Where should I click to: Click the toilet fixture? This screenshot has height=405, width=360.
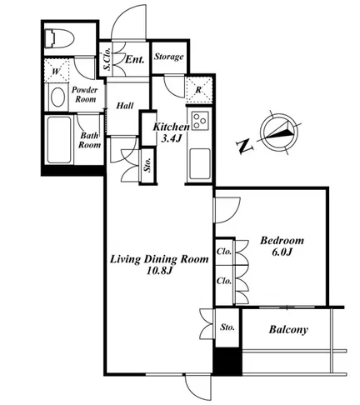[61, 38]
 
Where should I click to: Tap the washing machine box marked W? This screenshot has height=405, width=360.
[57, 70]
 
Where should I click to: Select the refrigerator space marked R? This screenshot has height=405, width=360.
[199, 89]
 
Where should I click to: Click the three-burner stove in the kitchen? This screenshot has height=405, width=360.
[200, 120]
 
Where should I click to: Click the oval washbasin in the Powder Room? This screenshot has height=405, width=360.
[57, 97]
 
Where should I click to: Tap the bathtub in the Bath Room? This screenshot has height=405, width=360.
[59, 140]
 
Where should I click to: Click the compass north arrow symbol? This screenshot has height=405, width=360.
[279, 132]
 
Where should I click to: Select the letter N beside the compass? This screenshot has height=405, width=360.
[244, 146]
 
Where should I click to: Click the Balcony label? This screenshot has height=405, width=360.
[288, 330]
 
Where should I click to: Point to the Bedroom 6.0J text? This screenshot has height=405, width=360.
[282, 246]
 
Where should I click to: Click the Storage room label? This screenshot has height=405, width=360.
[169, 57]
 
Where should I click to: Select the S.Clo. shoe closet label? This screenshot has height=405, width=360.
[107, 59]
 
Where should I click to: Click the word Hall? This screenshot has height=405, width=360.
[125, 106]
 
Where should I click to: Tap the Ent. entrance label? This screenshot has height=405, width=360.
[135, 59]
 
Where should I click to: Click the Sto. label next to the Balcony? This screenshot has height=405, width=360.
[227, 327]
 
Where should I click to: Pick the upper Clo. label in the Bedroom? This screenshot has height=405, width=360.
[224, 252]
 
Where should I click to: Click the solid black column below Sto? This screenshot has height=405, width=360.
[227, 361]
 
